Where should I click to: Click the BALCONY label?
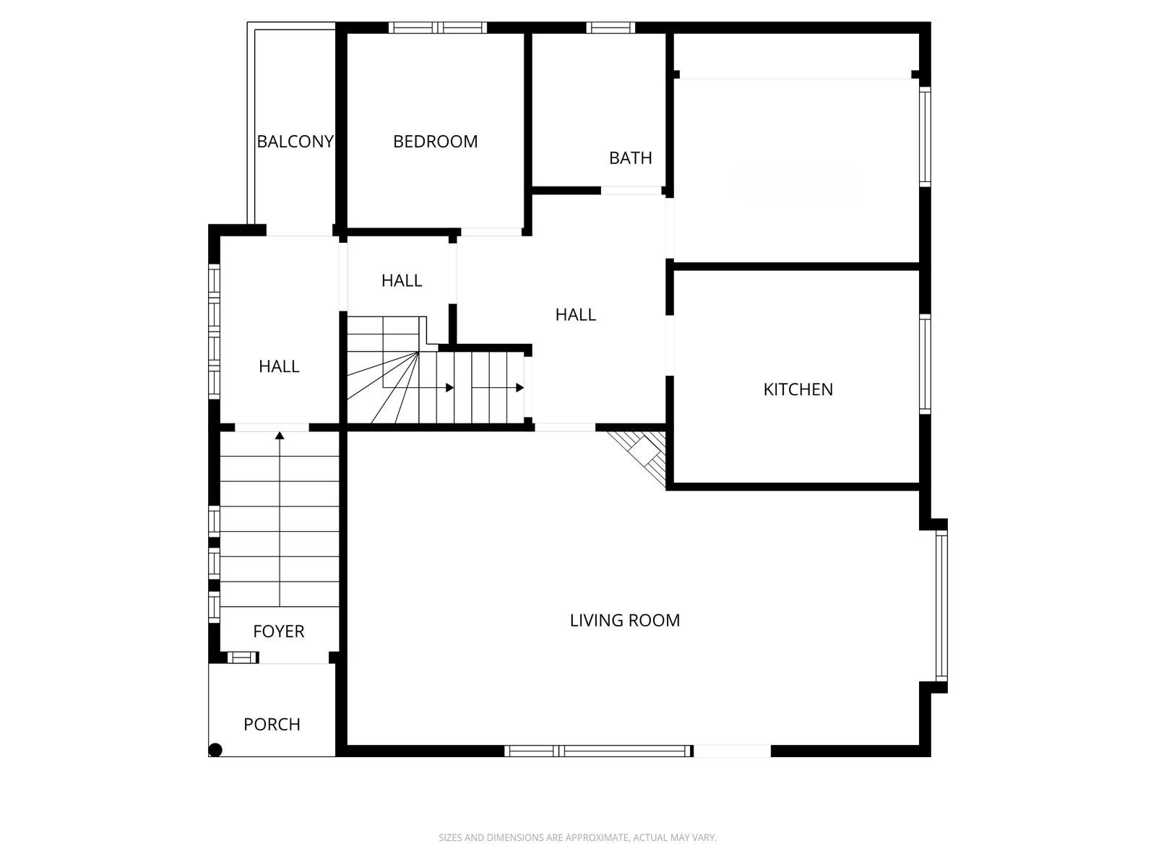click(x=295, y=142)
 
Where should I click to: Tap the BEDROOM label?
click(x=435, y=142)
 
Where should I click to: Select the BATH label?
click(x=630, y=158)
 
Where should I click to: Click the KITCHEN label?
click(x=798, y=389)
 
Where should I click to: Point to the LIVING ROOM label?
click(x=624, y=621)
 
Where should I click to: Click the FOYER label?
click(x=278, y=631)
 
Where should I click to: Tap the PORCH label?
click(x=272, y=725)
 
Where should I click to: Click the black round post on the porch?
click(x=215, y=750)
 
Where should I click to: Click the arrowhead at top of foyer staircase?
click(x=280, y=435)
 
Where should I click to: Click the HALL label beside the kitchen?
click(x=575, y=315)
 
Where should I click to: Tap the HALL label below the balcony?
click(x=279, y=367)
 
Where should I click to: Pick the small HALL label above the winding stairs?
click(x=401, y=281)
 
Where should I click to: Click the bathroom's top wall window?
click(x=611, y=28)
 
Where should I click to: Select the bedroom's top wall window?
click(x=438, y=28)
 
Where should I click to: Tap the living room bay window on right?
click(x=941, y=605)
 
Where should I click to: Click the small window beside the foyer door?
click(x=242, y=657)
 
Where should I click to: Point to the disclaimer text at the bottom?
click(x=577, y=838)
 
